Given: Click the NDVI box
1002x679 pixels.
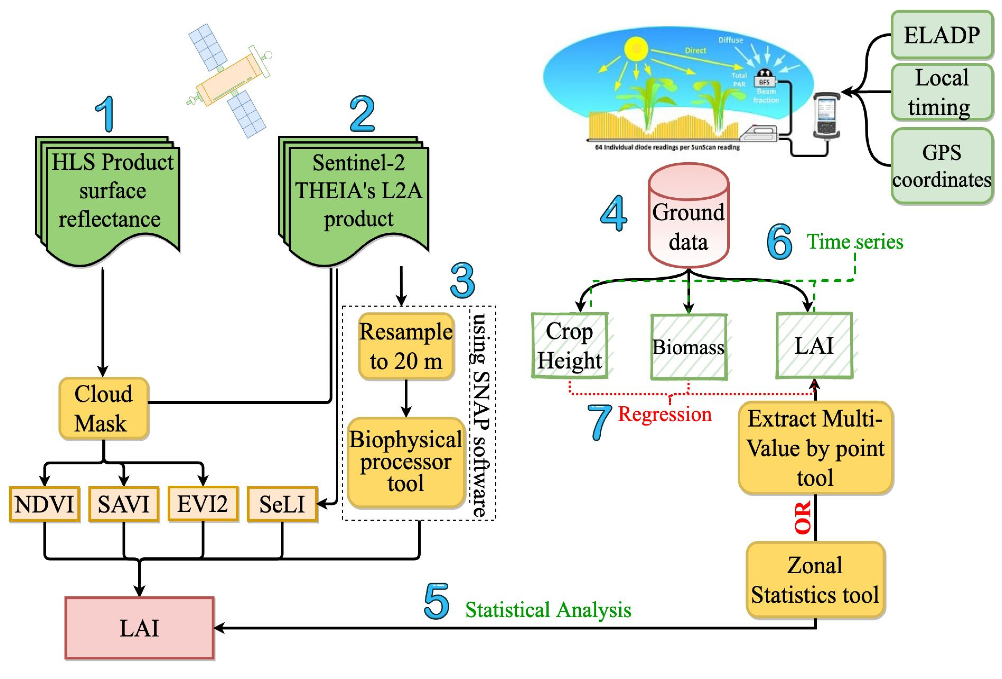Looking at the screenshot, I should pyautogui.click(x=44, y=504).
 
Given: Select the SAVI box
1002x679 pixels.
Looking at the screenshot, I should pyautogui.click(x=124, y=504).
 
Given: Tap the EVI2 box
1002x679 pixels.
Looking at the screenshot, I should pyautogui.click(x=203, y=504).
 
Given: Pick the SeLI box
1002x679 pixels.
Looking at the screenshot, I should pyautogui.click(x=282, y=504).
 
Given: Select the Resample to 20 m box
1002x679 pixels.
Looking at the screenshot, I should pyautogui.click(x=406, y=346).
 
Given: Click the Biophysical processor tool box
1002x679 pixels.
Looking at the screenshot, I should pyautogui.click(x=406, y=461).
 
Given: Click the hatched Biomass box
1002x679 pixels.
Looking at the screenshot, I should pyautogui.click(x=689, y=347).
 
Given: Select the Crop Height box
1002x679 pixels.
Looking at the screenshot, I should pyautogui.click(x=570, y=346).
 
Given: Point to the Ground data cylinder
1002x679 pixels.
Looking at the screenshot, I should pyautogui.click(x=689, y=216).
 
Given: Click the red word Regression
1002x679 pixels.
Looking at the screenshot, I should pyautogui.click(x=664, y=414).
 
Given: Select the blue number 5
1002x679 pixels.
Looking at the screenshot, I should pyautogui.click(x=436, y=602).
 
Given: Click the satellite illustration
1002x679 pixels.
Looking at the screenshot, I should pyautogui.click(x=228, y=80).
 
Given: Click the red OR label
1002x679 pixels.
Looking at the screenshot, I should pyautogui.click(x=803, y=517).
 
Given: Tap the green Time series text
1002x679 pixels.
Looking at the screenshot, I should pyautogui.click(x=855, y=241).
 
